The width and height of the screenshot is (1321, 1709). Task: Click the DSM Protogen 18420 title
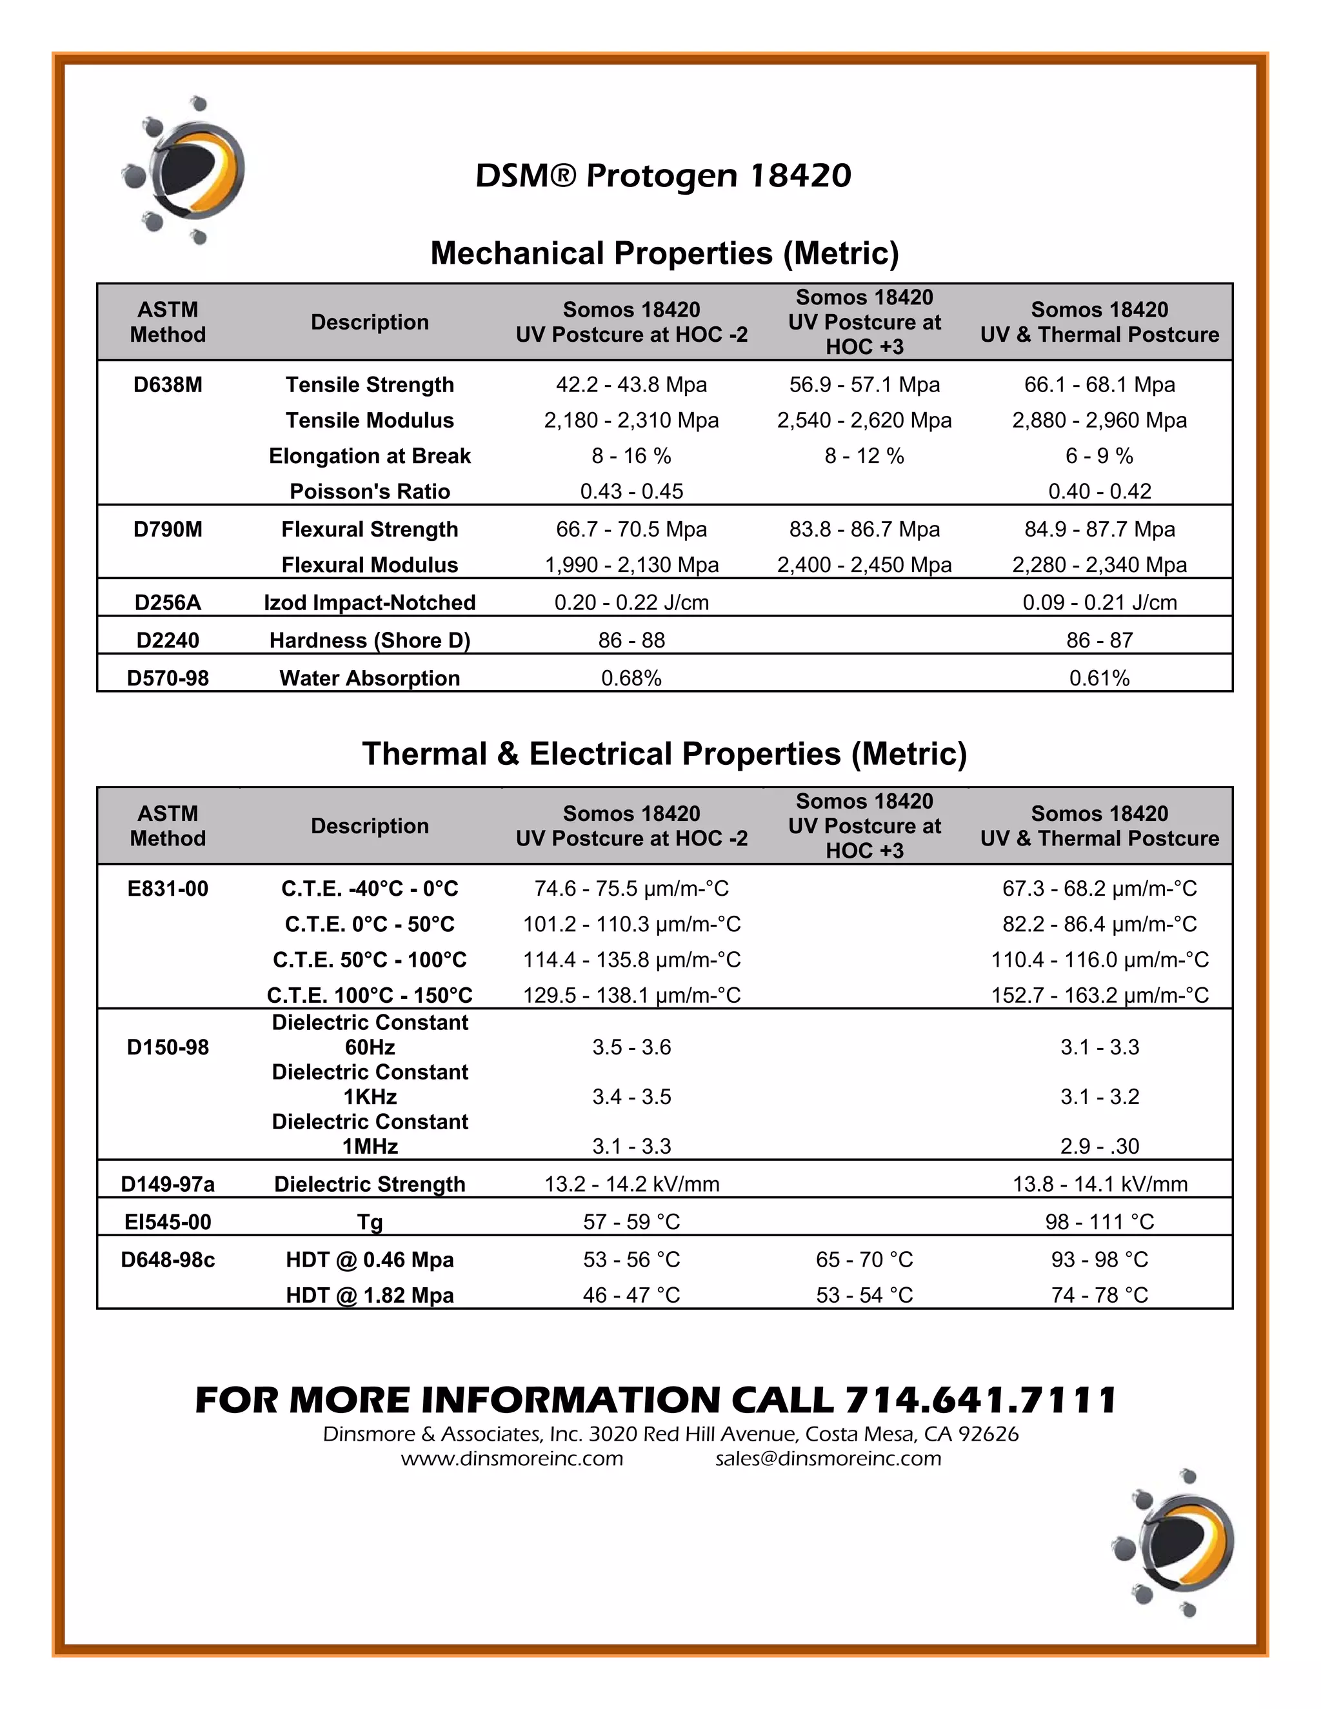click(x=663, y=175)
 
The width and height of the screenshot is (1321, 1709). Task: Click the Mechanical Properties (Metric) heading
click(x=664, y=253)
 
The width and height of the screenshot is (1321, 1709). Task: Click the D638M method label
click(x=168, y=385)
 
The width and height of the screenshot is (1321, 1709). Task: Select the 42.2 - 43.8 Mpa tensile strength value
click(x=631, y=385)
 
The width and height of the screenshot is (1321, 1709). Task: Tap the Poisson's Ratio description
click(x=370, y=491)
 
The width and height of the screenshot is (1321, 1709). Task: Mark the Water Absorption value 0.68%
click(x=631, y=678)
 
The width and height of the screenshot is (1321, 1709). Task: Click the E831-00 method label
click(x=168, y=889)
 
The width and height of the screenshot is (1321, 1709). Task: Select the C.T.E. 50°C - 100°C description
click(x=370, y=960)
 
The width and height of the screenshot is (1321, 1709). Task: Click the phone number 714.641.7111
click(x=980, y=1401)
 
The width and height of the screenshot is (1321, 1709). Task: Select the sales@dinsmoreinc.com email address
click(x=828, y=1459)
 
